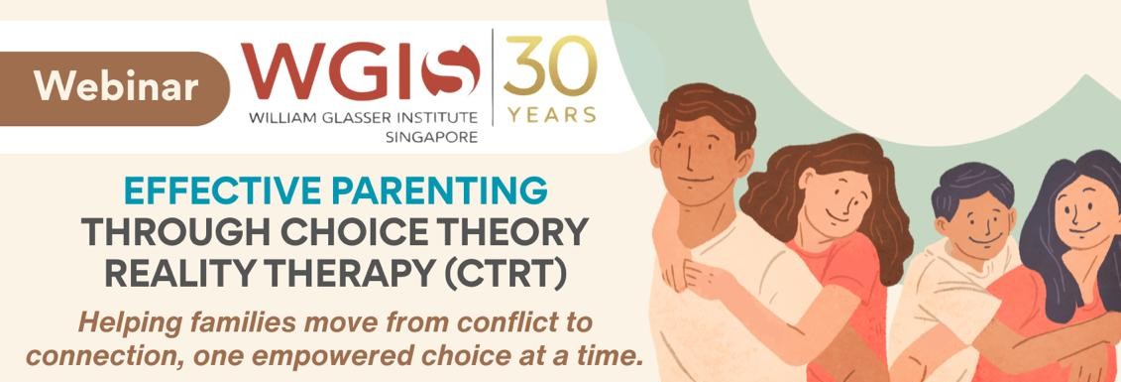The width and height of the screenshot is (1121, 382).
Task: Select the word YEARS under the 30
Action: pyautogui.click(x=551, y=114)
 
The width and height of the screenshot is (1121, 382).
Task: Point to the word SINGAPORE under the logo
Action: pyautogui.click(x=431, y=137)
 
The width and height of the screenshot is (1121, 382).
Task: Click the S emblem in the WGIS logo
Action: pyautogui.click(x=450, y=70)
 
